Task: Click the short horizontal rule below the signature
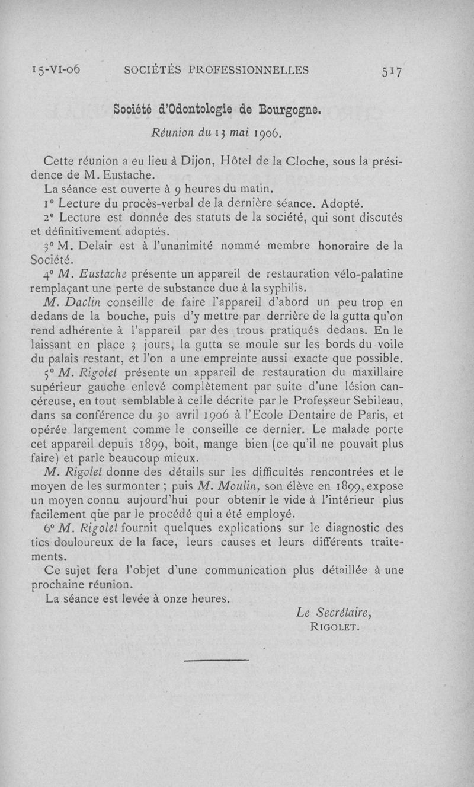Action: [216, 659]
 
